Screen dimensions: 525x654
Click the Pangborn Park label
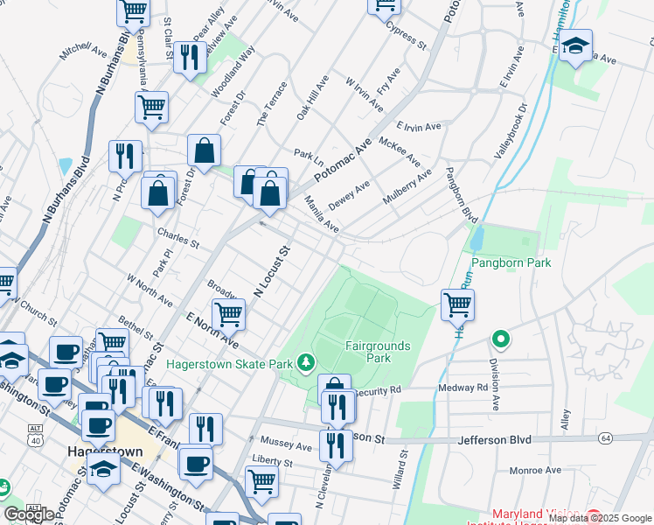(511, 262)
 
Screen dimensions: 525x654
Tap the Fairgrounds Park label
(377, 352)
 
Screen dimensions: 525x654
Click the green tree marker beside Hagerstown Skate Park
(305, 361)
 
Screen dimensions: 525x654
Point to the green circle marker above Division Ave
(500, 338)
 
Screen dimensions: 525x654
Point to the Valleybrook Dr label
(510, 131)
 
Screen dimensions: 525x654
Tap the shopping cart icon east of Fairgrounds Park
(457, 304)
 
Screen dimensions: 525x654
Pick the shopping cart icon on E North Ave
(228, 313)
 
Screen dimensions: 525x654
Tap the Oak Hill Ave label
(312, 97)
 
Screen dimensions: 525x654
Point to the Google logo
(30, 514)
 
